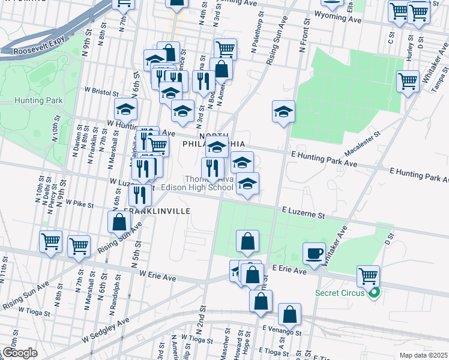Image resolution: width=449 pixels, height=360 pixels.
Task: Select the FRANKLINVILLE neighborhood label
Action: point(157,212)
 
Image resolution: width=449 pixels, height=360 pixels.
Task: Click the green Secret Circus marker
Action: point(375,293)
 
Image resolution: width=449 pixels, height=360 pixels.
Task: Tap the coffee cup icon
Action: point(314,253)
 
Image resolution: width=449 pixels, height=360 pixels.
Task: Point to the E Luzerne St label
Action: point(303,212)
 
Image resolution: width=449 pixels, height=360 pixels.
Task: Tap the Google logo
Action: point(20,353)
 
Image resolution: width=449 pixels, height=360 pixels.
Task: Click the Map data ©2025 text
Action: point(423,355)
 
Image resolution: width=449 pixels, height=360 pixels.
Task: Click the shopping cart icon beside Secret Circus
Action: point(368,276)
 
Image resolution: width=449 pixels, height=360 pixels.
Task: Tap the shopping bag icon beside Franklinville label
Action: point(119,221)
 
